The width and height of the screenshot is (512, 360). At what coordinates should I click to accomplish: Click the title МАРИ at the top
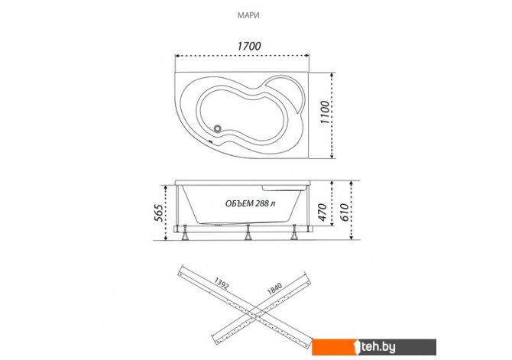[x=248, y=15]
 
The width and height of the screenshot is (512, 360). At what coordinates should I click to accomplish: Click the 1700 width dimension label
[x=249, y=46]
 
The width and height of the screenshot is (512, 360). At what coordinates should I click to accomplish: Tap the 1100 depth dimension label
[x=326, y=112]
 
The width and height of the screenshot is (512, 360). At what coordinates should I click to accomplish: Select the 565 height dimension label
[x=159, y=212]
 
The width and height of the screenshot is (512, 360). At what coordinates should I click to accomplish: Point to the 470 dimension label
[x=322, y=212]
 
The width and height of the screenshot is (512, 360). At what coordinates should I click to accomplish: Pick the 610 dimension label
[x=344, y=212]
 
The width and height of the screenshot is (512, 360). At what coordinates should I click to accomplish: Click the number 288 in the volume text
[x=263, y=203]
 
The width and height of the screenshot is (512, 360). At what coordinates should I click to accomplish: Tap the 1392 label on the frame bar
[x=222, y=283]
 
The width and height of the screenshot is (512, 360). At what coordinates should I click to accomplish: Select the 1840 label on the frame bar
[x=274, y=289]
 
